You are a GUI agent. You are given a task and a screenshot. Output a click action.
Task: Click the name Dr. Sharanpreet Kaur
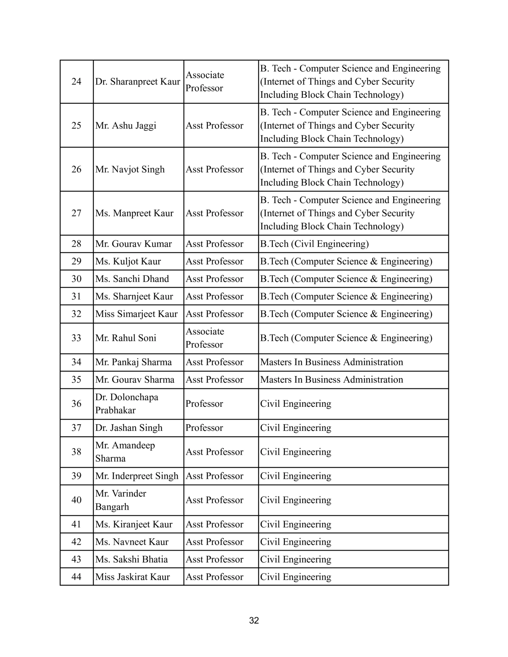pos(138,82)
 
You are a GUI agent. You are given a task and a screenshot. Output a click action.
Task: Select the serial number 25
pos(76,126)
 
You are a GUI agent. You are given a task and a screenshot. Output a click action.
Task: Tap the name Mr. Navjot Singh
pos(130,169)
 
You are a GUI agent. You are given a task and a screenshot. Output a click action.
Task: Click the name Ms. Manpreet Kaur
pos(134,213)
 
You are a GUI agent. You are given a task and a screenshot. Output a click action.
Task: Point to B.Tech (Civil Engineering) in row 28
pos(314,244)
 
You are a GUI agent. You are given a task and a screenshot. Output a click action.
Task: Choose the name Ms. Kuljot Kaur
pos(128,261)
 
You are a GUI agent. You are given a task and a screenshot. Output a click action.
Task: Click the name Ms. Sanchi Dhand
pos(132,279)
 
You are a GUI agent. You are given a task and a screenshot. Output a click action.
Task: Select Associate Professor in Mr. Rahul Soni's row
pos(205,338)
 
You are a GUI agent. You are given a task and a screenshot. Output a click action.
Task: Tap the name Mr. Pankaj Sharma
pos(134,362)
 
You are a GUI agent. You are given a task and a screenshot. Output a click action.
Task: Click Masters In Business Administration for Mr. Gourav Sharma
pos(331,380)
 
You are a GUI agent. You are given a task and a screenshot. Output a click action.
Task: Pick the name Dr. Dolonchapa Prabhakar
pos(127,404)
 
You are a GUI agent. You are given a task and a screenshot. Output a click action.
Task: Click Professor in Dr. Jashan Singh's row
pos(204,428)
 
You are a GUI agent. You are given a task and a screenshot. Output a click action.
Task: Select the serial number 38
pos(76,452)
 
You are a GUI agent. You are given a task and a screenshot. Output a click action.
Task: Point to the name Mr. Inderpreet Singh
pos(137,476)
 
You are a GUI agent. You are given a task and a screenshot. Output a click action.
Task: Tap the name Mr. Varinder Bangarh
pos(120,500)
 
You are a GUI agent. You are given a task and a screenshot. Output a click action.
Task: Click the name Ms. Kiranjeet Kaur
pos(134,525)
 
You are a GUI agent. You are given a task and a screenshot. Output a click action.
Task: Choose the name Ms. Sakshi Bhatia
pos(131,559)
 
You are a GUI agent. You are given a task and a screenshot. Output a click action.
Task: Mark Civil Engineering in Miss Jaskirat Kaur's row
pos(295,577)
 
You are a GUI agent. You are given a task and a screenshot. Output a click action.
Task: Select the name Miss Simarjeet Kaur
pos(137,314)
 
